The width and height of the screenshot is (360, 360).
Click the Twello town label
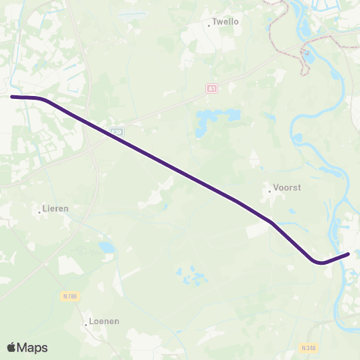[x=226, y=22]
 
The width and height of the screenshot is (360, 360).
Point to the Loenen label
[x=103, y=321]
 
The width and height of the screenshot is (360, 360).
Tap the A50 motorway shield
[x=115, y=131]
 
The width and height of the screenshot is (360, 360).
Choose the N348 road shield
[x=308, y=348]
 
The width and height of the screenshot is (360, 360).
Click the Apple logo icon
[x=12, y=347]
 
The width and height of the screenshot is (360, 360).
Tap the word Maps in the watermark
[x=32, y=347]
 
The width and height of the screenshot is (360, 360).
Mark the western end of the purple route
[x=12, y=97]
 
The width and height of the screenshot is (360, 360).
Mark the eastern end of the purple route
[x=349, y=253]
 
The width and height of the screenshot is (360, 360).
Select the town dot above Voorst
[x=269, y=190]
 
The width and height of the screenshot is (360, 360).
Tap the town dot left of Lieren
[x=39, y=212]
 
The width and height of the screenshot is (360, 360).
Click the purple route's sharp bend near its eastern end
[x=319, y=262]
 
